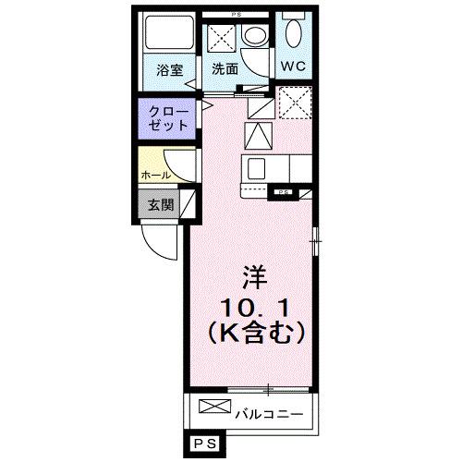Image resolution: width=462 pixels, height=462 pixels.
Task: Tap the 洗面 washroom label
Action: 224,69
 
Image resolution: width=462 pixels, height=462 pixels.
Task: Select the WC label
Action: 296,67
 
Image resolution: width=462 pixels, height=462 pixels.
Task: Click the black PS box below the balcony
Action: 204,444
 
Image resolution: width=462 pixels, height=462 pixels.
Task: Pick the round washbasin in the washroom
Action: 252,37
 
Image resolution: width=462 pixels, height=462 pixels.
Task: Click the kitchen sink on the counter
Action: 255,168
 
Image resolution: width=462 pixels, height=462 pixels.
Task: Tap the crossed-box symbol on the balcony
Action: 211,407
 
